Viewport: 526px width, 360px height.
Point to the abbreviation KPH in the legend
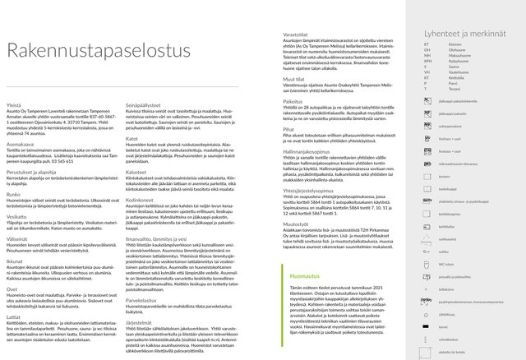click(427, 60)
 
